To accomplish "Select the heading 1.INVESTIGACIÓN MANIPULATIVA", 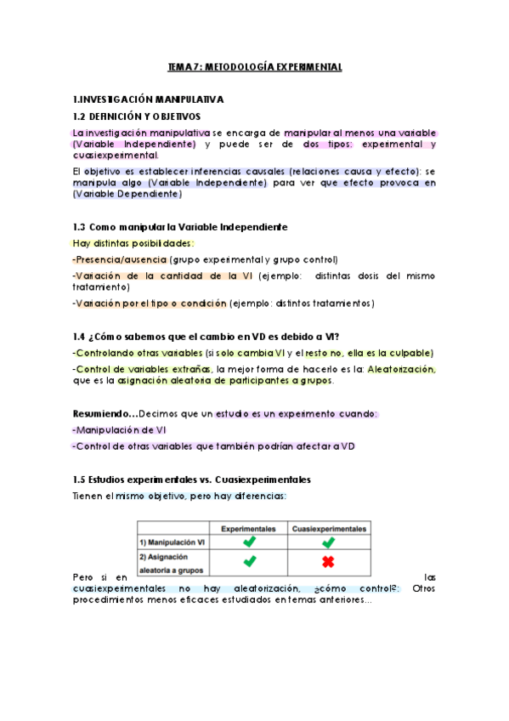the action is [x=148, y=99].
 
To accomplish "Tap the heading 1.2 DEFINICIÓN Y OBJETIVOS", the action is [x=136, y=116].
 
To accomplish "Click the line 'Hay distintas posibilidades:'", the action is [x=133, y=243].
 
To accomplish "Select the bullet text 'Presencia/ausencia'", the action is [x=121, y=259].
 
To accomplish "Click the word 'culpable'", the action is [x=411, y=353].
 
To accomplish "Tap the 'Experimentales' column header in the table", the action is [x=248, y=528].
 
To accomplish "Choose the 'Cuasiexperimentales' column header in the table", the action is [x=328, y=528].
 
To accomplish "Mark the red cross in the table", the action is [x=328, y=561].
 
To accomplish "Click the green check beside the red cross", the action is [x=248, y=561].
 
